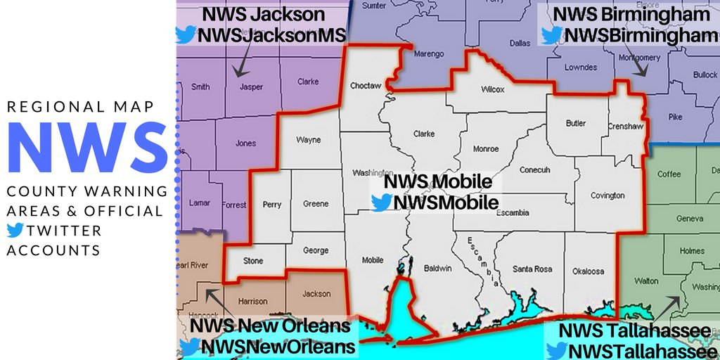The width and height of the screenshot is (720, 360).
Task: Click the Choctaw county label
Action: coord(365,86)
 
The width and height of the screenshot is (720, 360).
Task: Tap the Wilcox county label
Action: coord(493,89)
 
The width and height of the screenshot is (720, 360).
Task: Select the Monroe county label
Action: coord(486,149)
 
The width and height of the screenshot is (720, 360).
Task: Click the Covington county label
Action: coord(607,195)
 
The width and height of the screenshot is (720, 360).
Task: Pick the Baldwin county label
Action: coord(439,268)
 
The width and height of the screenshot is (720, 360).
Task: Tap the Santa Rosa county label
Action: coord(532,269)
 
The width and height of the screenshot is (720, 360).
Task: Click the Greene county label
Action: coord(316,204)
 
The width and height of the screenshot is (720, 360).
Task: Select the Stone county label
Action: coord(253,261)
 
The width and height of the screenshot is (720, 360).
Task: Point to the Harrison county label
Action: coord(253,302)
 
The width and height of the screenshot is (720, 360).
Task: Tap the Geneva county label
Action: coord(690,219)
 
